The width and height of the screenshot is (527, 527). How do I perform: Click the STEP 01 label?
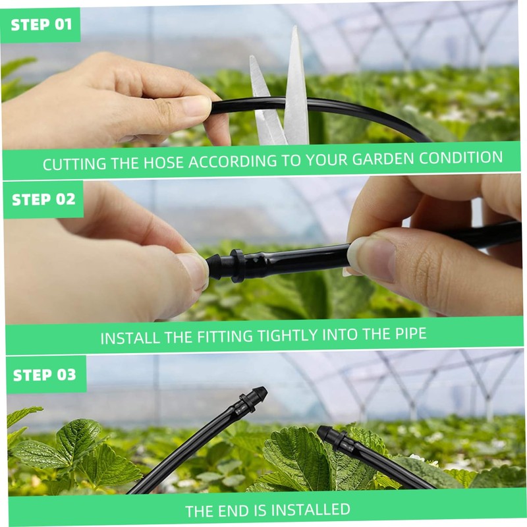pos(42,25)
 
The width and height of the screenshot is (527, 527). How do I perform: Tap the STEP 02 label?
pos(43,200)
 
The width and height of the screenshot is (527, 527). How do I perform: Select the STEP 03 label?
pos(45,375)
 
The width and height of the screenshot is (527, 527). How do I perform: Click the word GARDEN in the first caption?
pos(383,159)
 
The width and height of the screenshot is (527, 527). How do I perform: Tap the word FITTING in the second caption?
pos(225,337)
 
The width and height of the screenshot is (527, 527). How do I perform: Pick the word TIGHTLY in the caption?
pos(287,335)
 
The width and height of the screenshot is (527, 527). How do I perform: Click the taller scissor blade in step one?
pos(296,88)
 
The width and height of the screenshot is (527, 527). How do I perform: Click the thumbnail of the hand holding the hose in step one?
pos(196,105)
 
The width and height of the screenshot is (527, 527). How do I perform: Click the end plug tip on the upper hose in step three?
pos(260,393)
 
